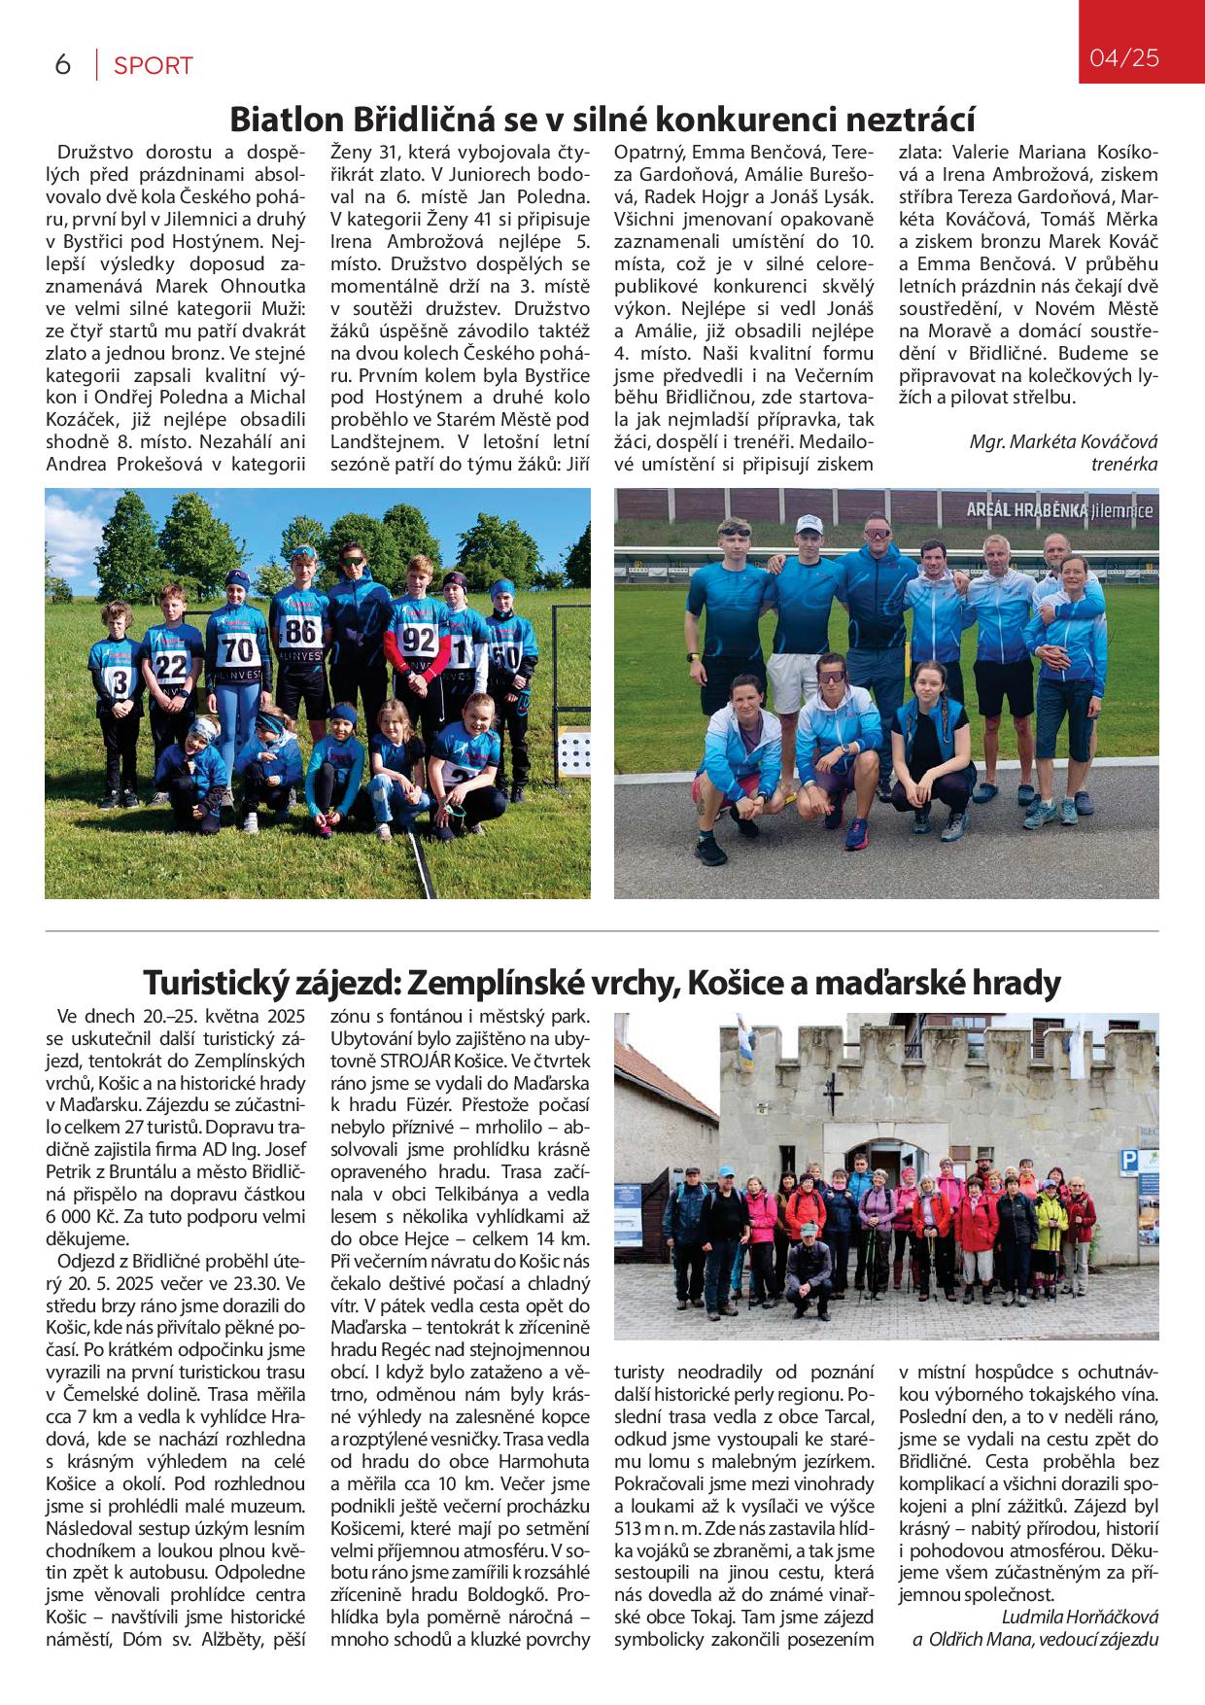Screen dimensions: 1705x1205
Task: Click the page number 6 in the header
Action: point(63,65)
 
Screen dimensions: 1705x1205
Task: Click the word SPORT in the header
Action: point(154,66)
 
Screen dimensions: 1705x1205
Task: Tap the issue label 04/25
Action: point(1124,58)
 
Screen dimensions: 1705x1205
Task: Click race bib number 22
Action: point(172,666)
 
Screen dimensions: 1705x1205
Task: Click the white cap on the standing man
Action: point(809,525)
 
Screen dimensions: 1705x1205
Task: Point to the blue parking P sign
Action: point(1129,1159)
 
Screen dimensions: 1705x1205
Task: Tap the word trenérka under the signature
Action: point(1124,464)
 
